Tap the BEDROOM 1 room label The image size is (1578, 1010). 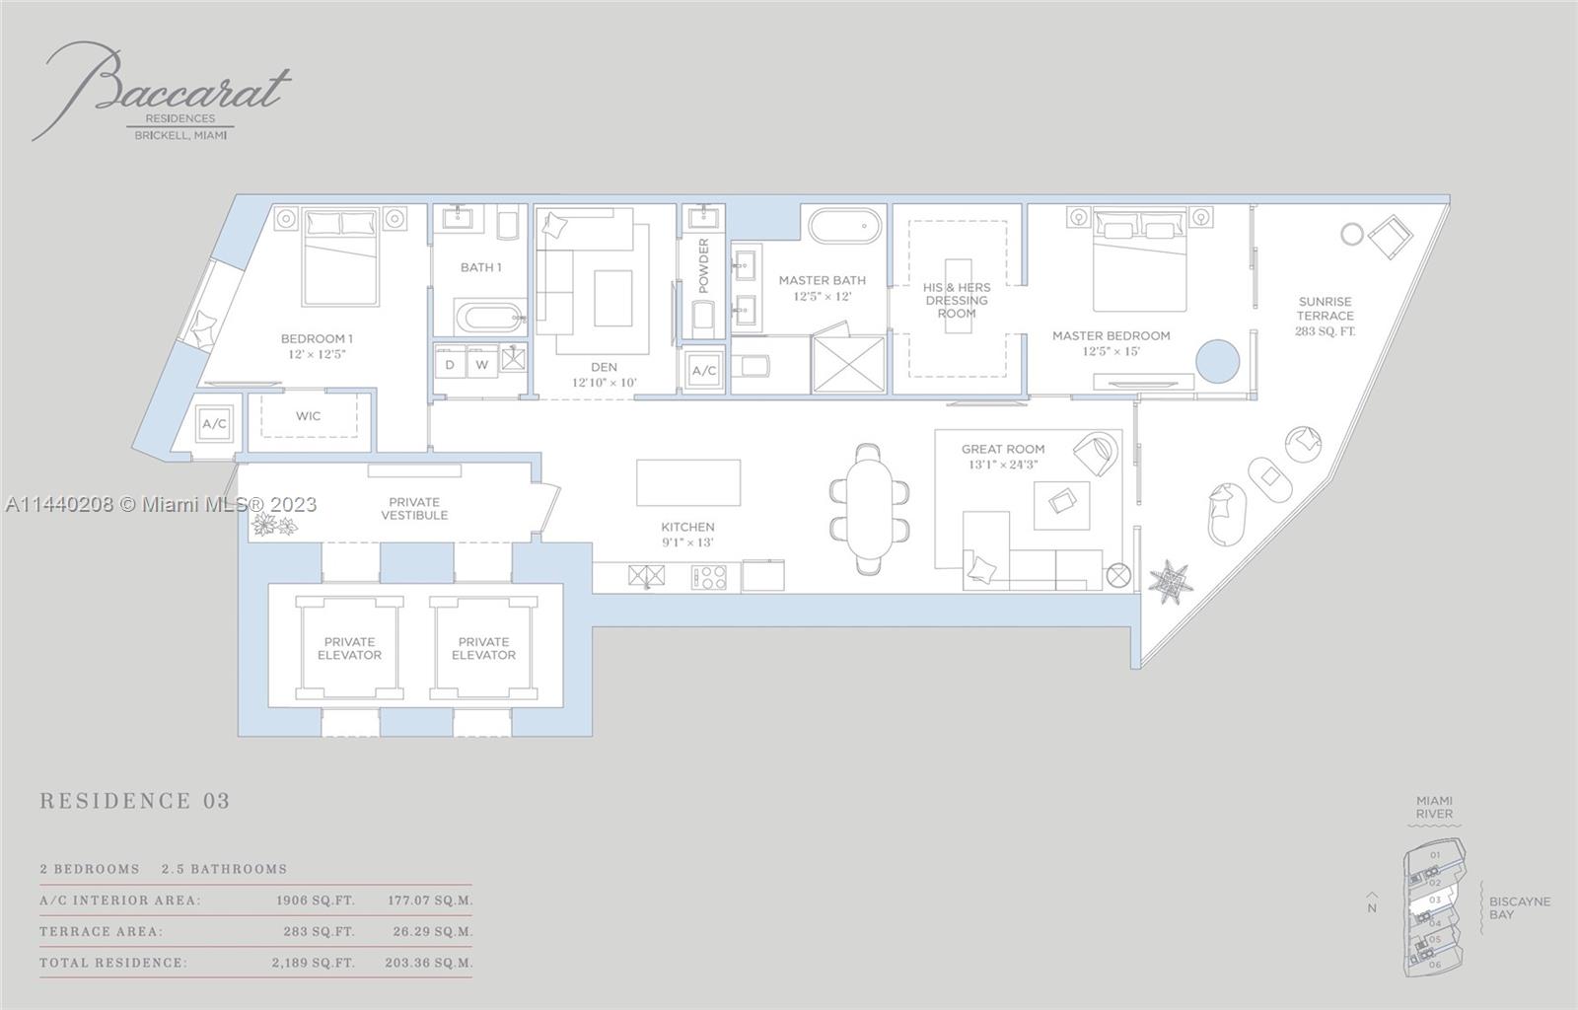[316, 346]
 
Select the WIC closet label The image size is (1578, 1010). [308, 416]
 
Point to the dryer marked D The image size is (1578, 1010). [450, 365]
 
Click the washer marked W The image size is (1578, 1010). [482, 365]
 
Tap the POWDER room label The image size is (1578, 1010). [703, 265]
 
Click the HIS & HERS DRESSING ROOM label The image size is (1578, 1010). [956, 301]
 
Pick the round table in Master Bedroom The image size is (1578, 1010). [1218, 360]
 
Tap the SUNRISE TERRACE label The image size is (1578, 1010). [1325, 316]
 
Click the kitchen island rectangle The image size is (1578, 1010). [688, 482]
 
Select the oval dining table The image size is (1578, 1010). [869, 508]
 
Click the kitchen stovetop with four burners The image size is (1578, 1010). [708, 577]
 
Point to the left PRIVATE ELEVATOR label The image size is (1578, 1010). [349, 648]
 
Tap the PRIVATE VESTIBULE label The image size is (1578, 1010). [414, 509]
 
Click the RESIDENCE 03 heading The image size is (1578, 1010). [135, 801]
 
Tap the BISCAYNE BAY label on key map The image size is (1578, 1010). [1519, 908]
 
